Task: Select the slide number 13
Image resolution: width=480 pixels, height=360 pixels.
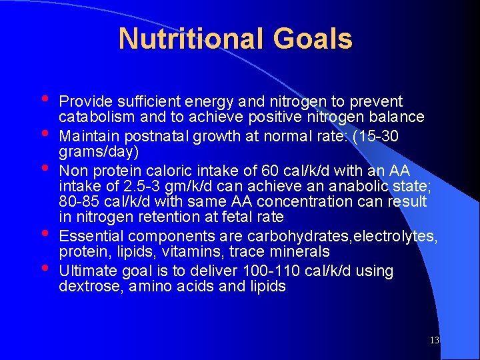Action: pyautogui.click(x=434, y=341)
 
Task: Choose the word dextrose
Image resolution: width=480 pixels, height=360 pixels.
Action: pyautogui.click(x=87, y=287)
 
